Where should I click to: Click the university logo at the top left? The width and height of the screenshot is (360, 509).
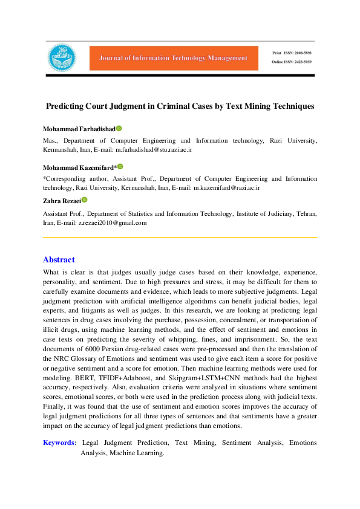coord(62,58)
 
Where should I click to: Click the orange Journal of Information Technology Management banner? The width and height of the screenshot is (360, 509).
coord(169,58)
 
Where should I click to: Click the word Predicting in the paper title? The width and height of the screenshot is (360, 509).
coord(66,106)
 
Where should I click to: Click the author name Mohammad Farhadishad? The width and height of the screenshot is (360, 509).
coord(79,129)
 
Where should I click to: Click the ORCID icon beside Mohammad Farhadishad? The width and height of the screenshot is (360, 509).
coord(119,129)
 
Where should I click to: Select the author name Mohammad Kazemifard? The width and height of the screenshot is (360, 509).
coord(78,167)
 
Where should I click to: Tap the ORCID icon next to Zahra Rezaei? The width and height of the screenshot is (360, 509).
coord(85,200)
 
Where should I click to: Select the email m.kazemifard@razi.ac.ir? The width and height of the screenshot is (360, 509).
coord(226,188)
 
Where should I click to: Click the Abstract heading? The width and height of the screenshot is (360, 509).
coord(59,260)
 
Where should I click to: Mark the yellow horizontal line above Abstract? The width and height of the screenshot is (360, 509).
coord(180,238)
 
